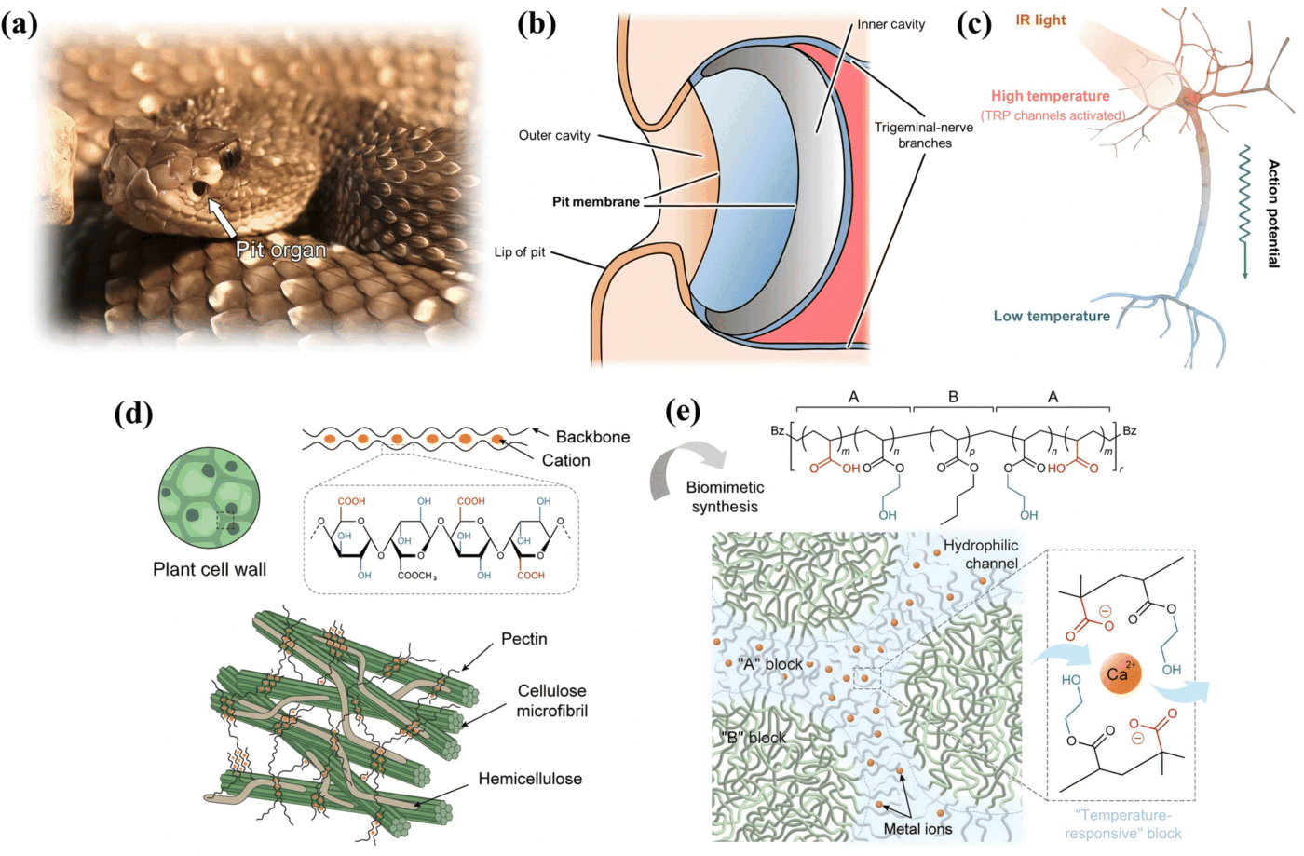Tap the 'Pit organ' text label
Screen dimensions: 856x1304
point(280,250)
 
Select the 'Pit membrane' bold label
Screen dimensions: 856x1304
point(595,201)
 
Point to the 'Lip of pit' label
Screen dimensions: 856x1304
point(520,252)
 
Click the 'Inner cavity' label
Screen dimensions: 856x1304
point(890,24)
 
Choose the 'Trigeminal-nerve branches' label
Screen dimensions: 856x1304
point(923,135)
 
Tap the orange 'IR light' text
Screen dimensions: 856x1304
point(1040,20)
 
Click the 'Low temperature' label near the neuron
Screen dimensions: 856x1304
point(1052,317)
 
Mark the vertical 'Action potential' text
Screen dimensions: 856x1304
point(1273,213)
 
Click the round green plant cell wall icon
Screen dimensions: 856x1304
point(209,497)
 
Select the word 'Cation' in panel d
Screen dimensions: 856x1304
point(565,460)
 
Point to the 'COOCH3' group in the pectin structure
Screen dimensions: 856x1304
point(416,576)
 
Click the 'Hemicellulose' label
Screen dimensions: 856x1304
point(530,779)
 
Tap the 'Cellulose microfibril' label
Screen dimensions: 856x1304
point(552,700)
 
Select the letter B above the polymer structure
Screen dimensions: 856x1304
point(953,397)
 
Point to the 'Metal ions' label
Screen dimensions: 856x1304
point(917,829)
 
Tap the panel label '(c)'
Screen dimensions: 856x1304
point(974,23)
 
